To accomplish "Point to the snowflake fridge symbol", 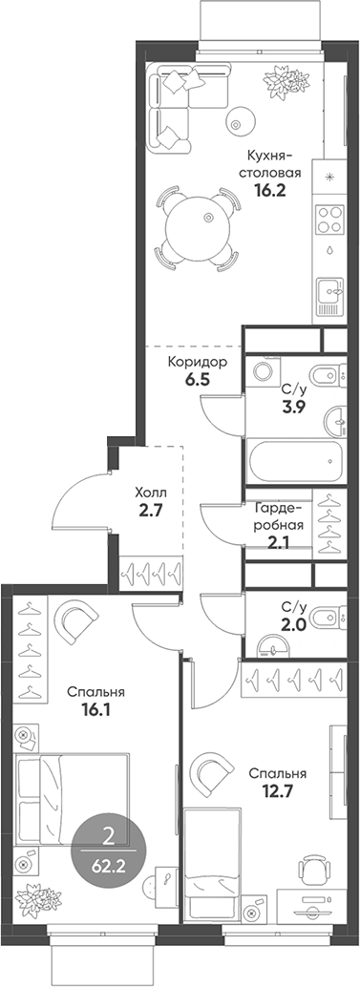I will pos(330,176).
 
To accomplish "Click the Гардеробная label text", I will pos(279,517).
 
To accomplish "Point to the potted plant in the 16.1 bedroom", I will pos(35,899).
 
